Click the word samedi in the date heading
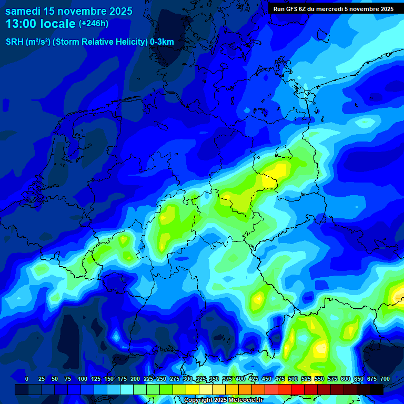coord(23,11)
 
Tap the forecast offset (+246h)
coord(93,23)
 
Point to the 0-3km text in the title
coord(162,42)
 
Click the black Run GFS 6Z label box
coord(334,9)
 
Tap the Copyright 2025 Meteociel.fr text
coord(223,400)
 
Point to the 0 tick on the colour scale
coord(27,379)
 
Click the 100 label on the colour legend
coord(83,379)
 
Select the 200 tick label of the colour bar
coord(135,379)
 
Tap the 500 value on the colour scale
coord(293,379)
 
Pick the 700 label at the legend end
coord(385,379)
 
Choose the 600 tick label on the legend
coord(346,379)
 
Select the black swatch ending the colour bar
coord(377,389)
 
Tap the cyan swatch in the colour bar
coord(127,389)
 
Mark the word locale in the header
coord(59,23)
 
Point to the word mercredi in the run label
coord(330,9)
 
